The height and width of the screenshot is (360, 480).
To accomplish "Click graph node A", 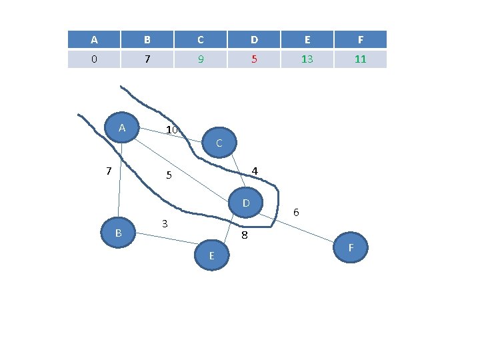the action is (122, 128).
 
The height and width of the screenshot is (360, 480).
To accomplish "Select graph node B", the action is (118, 232).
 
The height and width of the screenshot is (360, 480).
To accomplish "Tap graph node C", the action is (218, 143).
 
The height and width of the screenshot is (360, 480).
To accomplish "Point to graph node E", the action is (211, 256).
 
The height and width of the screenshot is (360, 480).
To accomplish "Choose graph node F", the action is (350, 248).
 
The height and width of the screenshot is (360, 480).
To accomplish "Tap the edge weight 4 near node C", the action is (255, 171).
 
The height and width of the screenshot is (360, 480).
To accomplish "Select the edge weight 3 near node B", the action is (165, 223).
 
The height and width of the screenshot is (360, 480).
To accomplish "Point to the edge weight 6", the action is (296, 212).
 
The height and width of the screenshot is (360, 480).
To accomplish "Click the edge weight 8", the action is (245, 235).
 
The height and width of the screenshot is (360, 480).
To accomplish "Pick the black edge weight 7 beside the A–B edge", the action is (108, 171).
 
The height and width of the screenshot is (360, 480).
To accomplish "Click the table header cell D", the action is (254, 39).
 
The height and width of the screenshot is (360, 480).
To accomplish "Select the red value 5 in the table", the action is (254, 59).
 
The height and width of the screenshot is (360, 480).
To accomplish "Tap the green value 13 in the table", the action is (307, 59).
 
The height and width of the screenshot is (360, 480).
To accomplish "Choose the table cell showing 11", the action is (360, 59).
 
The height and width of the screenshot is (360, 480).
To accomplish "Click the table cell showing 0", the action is (94, 59).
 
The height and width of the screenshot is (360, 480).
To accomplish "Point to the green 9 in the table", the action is (201, 59).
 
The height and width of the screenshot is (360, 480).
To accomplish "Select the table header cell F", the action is (360, 39).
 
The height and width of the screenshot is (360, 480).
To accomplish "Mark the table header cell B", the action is (147, 39).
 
